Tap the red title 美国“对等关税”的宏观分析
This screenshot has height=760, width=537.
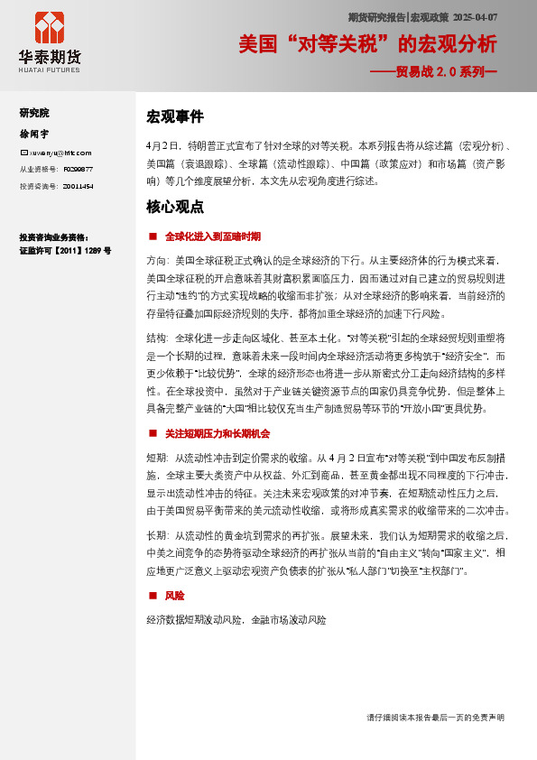pyautogui.click(x=367, y=44)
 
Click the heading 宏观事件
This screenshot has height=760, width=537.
pyautogui.click(x=175, y=116)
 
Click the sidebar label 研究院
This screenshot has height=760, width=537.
pyautogui.click(x=34, y=113)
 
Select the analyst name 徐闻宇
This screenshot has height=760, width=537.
pyautogui.click(x=32, y=133)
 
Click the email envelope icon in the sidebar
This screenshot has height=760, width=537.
pyautogui.click(x=23, y=153)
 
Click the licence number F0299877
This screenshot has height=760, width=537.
pyautogui.click(x=77, y=169)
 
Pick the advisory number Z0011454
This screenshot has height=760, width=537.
pyautogui.click(x=77, y=185)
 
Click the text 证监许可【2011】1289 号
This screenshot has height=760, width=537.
pyautogui.click(x=65, y=250)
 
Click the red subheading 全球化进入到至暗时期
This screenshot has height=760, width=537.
pyautogui.click(x=213, y=236)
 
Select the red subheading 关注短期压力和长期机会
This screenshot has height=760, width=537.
pyautogui.click(x=218, y=433)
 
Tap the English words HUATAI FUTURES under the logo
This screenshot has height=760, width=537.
pyautogui.click(x=50, y=69)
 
